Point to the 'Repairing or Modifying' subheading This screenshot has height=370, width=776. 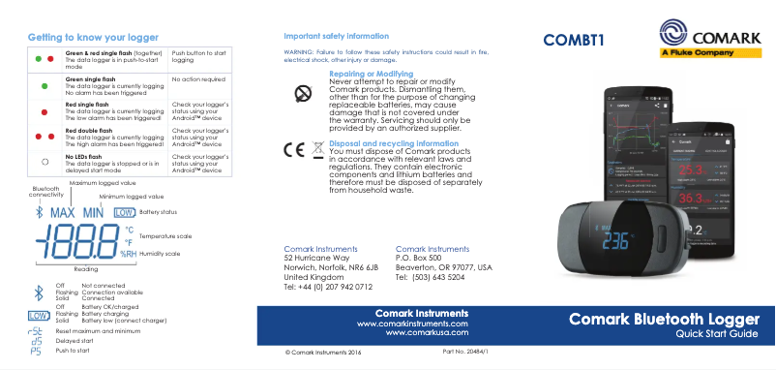[x=372, y=74]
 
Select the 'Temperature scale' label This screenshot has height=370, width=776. [x=165, y=235]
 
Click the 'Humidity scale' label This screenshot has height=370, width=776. [x=159, y=254]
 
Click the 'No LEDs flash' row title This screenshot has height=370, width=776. [x=83, y=155]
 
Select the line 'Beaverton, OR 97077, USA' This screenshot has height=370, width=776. [x=443, y=267]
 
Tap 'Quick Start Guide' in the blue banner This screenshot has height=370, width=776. [x=716, y=335]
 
